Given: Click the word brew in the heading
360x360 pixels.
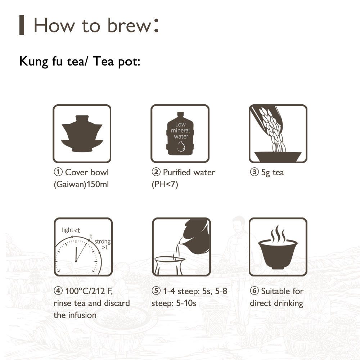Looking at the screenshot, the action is (x=129, y=25).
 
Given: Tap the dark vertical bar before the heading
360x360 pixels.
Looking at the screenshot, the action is (x=22, y=25).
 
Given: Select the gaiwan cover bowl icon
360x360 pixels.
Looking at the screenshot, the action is (x=82, y=134).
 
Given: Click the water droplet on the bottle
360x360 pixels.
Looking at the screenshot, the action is (x=181, y=146).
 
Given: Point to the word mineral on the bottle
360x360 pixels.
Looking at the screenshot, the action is (x=180, y=130).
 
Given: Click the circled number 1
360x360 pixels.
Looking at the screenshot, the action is (x=58, y=172).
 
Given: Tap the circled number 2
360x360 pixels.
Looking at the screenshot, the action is (x=156, y=172).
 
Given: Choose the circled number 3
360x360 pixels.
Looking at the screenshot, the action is (x=254, y=172).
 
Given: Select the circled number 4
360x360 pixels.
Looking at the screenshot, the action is (x=58, y=291).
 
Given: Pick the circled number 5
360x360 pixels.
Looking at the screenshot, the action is (x=156, y=291).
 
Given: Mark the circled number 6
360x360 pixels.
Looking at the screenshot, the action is (x=254, y=291).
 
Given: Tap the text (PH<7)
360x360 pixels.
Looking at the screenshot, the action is (x=165, y=184).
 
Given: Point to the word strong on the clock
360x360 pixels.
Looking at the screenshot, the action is (x=102, y=242).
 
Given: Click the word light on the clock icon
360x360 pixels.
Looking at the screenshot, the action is (x=68, y=230).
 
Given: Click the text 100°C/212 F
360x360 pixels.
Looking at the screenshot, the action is (x=89, y=291).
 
